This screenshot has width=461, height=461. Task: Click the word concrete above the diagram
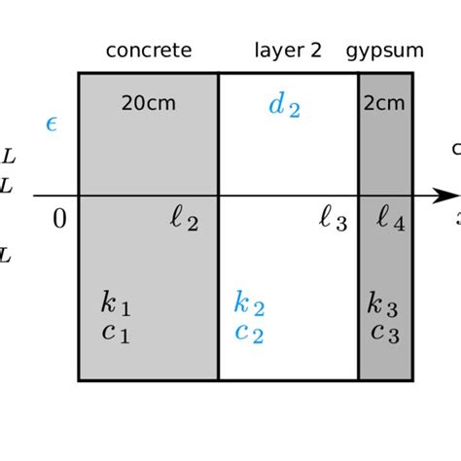148,51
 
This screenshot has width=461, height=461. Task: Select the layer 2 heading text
288,51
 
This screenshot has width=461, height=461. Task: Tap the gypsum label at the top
385,51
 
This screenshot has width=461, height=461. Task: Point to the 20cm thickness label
148,103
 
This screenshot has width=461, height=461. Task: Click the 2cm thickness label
385,103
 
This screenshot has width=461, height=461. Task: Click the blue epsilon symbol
53,124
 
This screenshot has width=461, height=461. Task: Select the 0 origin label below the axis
59,220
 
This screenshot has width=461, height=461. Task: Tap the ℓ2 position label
184,222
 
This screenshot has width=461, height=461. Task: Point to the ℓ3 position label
333,222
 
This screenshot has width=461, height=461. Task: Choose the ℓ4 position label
390,222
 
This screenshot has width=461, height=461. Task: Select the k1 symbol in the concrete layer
115,303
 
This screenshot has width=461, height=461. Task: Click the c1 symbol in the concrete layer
115,333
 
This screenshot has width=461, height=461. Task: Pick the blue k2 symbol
249,303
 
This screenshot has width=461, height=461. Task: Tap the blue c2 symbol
249,333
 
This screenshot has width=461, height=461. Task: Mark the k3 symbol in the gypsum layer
383,303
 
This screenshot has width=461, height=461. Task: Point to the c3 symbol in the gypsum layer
383,333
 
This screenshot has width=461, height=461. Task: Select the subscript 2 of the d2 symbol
294,111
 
